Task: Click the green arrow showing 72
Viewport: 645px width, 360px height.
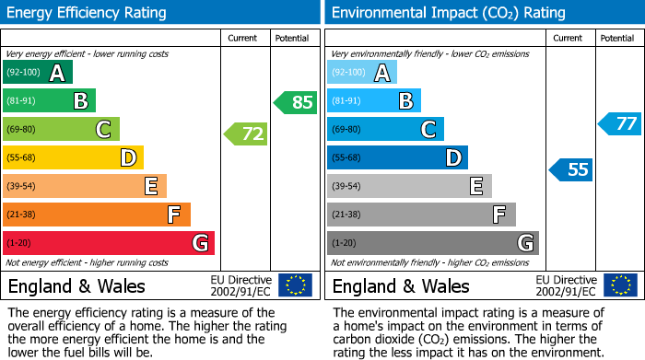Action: coord(246,134)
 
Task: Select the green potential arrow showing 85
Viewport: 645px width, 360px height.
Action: coord(296,102)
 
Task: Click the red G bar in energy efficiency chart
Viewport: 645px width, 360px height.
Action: coord(109,243)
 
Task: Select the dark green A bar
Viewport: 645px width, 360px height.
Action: coord(38,73)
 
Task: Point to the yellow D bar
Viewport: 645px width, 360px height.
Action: coord(74,158)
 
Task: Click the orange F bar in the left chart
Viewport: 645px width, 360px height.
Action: coord(97,215)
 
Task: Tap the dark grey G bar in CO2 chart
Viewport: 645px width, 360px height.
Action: coord(432,243)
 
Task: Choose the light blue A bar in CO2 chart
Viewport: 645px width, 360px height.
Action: coord(362,73)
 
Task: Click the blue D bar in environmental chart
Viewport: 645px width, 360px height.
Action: coord(397,158)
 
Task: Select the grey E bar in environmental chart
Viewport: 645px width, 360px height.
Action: coord(409,186)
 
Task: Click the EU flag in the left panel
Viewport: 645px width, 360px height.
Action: coord(295,285)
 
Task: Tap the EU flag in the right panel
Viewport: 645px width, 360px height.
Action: coord(619,285)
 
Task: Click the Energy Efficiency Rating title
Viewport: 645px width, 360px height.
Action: coord(87,13)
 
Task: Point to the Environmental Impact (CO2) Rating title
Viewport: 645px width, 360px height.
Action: coord(448,13)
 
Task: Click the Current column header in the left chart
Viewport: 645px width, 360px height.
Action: coord(244,38)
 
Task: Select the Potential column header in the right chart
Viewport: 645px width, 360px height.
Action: coord(616,38)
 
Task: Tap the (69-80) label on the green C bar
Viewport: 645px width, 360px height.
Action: coord(24,130)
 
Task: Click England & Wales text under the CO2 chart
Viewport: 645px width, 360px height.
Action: coord(401,285)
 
